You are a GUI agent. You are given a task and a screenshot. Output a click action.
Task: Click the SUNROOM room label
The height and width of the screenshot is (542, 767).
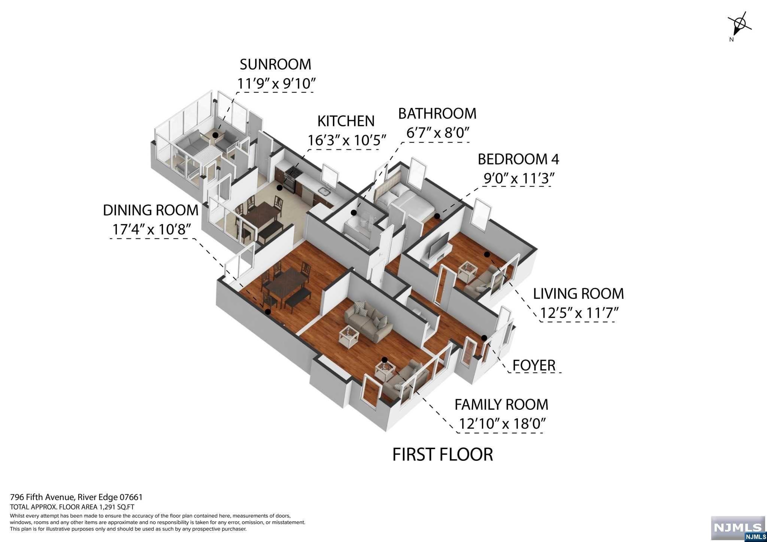(x=275, y=64)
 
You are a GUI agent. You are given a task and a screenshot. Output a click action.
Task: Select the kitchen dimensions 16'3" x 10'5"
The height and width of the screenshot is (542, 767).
(x=346, y=140)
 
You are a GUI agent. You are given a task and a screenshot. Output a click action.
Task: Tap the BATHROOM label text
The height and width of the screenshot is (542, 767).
(x=437, y=114)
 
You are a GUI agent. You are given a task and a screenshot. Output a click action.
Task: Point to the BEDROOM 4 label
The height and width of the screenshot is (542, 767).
(x=518, y=159)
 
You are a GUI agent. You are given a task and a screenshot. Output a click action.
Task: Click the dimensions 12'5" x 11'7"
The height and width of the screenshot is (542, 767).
(x=578, y=313)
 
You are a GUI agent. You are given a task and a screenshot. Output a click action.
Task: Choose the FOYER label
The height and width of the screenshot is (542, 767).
(x=534, y=365)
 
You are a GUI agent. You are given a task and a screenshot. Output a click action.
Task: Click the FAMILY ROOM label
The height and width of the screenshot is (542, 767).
(x=501, y=405)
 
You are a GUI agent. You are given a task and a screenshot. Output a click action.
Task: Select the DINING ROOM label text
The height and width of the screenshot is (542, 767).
(x=151, y=210)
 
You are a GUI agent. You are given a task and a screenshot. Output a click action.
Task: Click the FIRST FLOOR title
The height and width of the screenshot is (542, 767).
(x=442, y=454)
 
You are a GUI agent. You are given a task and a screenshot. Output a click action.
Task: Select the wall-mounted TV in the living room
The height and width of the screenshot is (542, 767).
(x=439, y=245)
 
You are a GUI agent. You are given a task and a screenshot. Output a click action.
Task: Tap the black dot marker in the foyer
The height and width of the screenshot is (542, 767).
(x=484, y=338)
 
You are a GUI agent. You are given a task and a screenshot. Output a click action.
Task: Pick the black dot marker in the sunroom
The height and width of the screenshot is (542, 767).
(x=215, y=135)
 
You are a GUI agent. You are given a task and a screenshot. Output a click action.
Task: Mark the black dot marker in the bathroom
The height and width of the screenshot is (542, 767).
(x=353, y=213)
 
